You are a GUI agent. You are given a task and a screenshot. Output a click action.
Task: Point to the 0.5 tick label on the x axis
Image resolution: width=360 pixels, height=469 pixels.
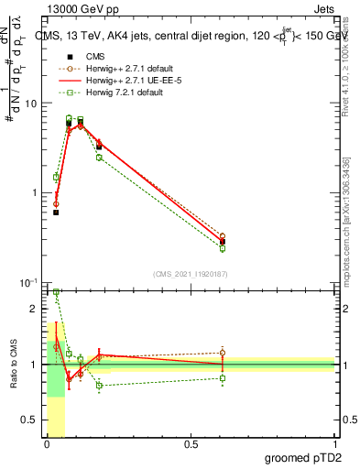[191, 444]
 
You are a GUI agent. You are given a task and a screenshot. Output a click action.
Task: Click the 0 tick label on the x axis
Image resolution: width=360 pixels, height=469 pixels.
[46, 444]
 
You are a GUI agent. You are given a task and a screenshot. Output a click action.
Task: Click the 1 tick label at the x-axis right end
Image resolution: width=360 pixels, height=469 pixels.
[334, 444]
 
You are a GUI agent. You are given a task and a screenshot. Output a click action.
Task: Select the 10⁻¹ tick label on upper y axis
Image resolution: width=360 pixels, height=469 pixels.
[28, 282]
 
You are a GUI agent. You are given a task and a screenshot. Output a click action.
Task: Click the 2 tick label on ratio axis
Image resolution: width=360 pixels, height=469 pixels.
[34, 309]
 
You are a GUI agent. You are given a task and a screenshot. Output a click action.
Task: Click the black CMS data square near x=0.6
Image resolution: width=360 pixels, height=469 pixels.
[223, 242]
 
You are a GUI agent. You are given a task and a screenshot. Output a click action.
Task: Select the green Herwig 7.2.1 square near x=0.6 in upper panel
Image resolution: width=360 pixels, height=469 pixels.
[223, 248]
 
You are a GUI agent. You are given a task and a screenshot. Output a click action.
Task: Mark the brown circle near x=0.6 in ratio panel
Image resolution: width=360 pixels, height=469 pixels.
[223, 353]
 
